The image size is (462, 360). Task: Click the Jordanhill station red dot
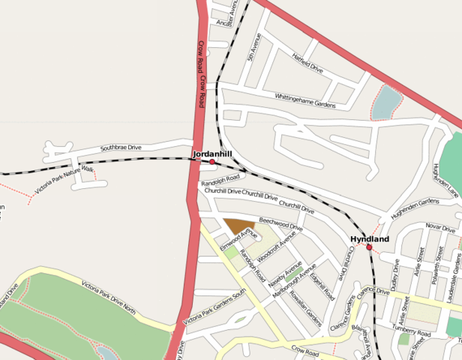pos(212,162)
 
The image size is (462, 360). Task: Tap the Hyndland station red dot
pos(369,247)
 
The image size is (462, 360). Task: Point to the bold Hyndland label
pos(370,238)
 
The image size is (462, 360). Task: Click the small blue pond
pos(386,103)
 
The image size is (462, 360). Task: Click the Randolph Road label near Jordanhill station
pos(220,180)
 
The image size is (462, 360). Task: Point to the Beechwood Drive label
pos(280,223)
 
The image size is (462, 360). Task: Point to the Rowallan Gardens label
pos(310,313)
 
